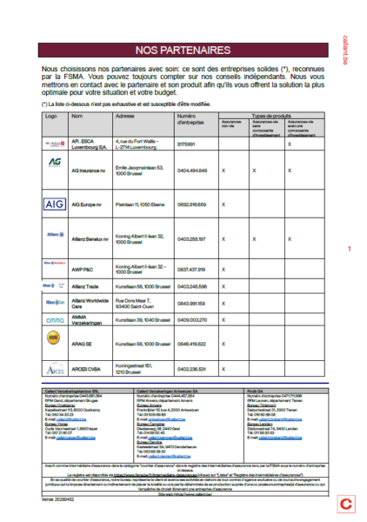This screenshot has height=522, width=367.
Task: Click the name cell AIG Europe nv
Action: (90, 203)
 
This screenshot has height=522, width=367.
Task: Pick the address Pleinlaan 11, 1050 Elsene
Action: (142, 203)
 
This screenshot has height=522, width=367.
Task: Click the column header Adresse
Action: (124, 116)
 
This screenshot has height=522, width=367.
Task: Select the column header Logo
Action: (50, 116)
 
